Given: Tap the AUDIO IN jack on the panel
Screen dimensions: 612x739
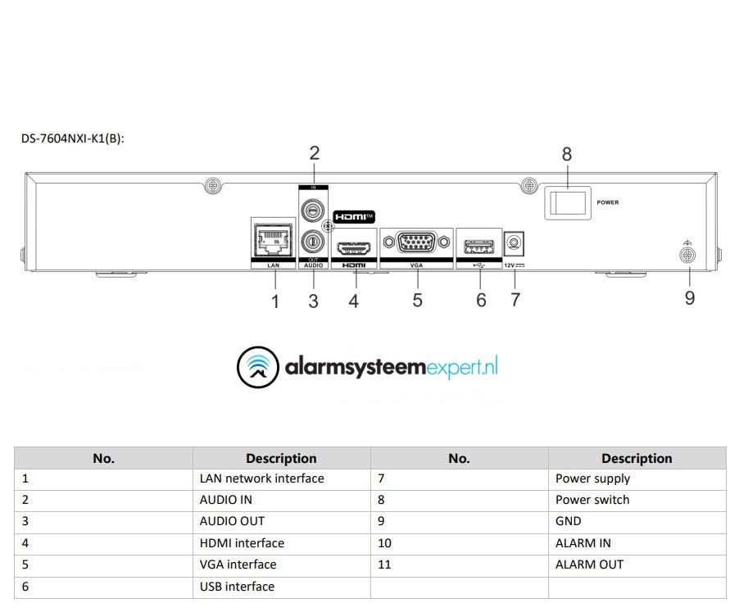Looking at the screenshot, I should (x=311, y=211).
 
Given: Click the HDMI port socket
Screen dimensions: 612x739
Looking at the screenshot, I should (x=354, y=246).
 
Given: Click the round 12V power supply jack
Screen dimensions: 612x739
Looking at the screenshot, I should (x=515, y=243).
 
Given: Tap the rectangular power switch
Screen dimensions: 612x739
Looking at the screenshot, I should (x=567, y=202).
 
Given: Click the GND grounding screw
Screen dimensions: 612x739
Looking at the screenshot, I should (x=688, y=256).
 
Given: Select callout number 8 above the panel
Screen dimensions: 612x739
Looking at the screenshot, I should (x=567, y=154).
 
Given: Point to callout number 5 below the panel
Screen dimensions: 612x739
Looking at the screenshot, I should (x=417, y=301).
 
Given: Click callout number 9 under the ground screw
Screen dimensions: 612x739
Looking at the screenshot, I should (x=690, y=298).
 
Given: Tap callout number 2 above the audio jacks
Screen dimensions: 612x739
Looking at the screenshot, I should (x=314, y=152).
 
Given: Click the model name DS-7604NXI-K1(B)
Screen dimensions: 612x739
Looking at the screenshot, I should (x=72, y=138).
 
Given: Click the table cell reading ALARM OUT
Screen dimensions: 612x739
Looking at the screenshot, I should (x=589, y=564).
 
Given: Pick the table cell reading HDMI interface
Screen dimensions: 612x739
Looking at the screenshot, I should (x=242, y=543).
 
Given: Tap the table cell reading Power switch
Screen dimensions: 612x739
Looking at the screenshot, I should (x=592, y=500).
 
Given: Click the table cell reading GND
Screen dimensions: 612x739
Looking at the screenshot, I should (x=569, y=521).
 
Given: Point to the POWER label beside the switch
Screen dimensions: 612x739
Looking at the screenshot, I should (x=608, y=202).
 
